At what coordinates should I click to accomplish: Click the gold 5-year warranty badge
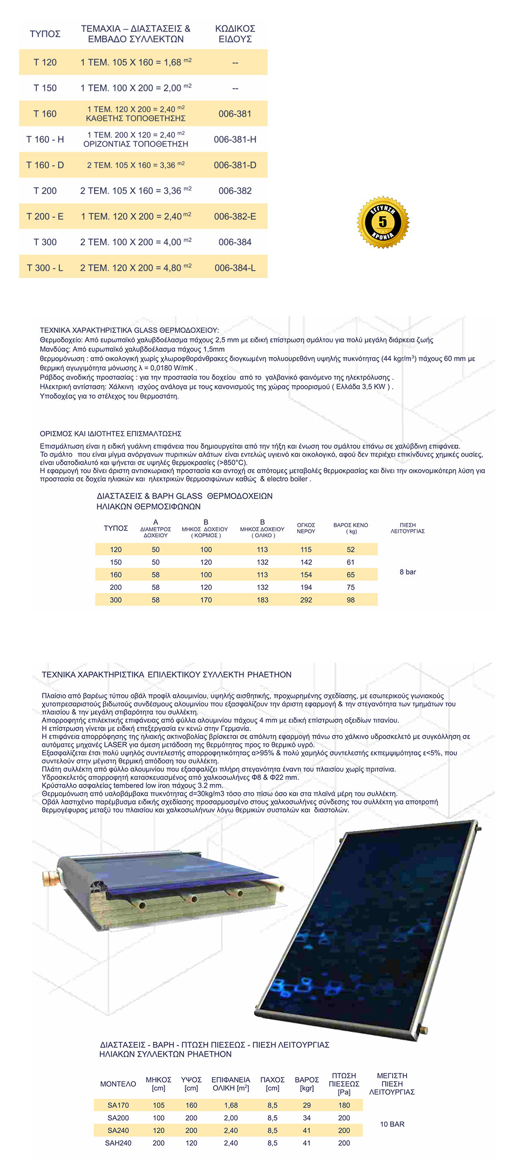[383, 222]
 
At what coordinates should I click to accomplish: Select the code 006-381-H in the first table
[235, 140]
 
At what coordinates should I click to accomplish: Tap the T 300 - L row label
[45, 268]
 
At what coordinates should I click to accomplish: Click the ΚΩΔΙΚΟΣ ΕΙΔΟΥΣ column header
[235, 34]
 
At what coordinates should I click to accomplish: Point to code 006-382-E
[235, 217]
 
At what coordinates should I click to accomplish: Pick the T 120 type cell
[45, 62]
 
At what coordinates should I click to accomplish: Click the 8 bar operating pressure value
[407, 572]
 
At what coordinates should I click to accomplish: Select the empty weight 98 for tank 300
[350, 600]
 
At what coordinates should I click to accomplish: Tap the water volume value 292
[306, 600]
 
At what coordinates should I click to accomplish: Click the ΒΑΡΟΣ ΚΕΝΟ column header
[350, 528]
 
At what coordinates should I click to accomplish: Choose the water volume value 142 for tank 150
[306, 562]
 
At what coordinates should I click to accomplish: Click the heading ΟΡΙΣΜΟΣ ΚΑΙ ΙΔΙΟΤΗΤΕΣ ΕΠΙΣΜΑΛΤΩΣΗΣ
[111, 434]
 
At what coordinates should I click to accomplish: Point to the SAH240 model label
[118, 1143]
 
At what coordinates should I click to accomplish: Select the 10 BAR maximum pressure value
[392, 1124]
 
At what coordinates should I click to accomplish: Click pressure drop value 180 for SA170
[344, 1105]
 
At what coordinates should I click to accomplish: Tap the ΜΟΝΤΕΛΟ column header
[118, 1084]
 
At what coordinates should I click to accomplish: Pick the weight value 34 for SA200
[307, 1118]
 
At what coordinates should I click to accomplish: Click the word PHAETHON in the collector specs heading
[269, 675]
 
